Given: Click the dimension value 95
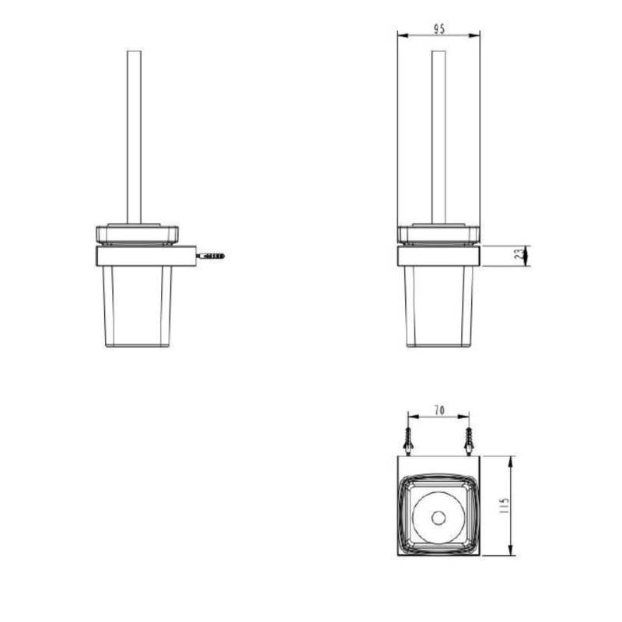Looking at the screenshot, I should click(439, 28).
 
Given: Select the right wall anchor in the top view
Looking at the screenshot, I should click(469, 441).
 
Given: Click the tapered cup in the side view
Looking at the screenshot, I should click(138, 307).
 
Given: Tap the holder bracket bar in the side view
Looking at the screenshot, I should click(144, 256).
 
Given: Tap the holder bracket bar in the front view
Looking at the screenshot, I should click(439, 256).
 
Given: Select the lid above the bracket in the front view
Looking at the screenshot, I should click(439, 234).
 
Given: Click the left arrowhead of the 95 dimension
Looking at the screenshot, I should click(401, 36).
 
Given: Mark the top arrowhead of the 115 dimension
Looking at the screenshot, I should click(510, 460).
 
